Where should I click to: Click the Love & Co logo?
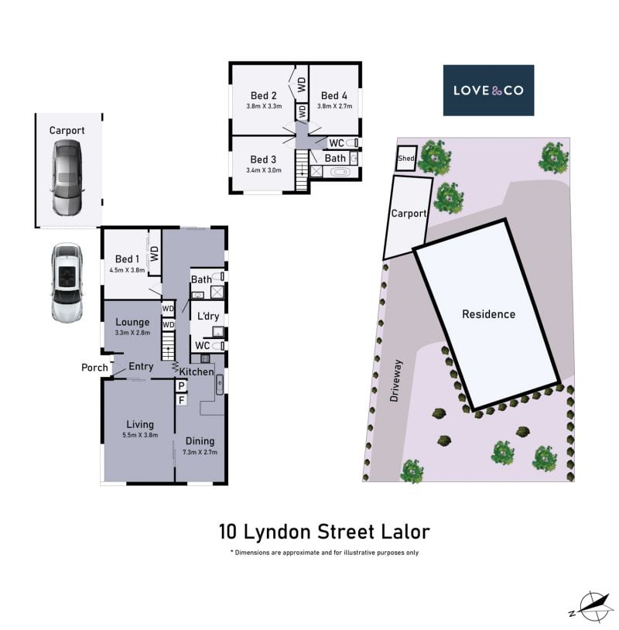point(488,91)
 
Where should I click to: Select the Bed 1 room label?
point(127,259)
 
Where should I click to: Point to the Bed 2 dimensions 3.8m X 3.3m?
point(264,107)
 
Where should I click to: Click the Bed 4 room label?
point(333,96)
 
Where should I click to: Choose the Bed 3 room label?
point(263,159)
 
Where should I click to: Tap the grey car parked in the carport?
point(67,177)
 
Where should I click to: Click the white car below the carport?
point(67,282)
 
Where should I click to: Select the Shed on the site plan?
point(405,158)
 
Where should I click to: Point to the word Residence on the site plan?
point(488,314)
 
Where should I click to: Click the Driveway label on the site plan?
point(395,381)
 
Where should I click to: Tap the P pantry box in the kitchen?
point(182,386)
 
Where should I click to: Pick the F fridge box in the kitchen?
point(182,400)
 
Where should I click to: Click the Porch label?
point(95,368)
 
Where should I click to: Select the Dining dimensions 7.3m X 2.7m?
point(200,452)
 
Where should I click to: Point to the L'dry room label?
point(208,317)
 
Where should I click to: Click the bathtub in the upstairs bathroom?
point(340,172)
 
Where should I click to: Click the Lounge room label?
point(132,322)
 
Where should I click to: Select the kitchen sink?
point(220,385)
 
